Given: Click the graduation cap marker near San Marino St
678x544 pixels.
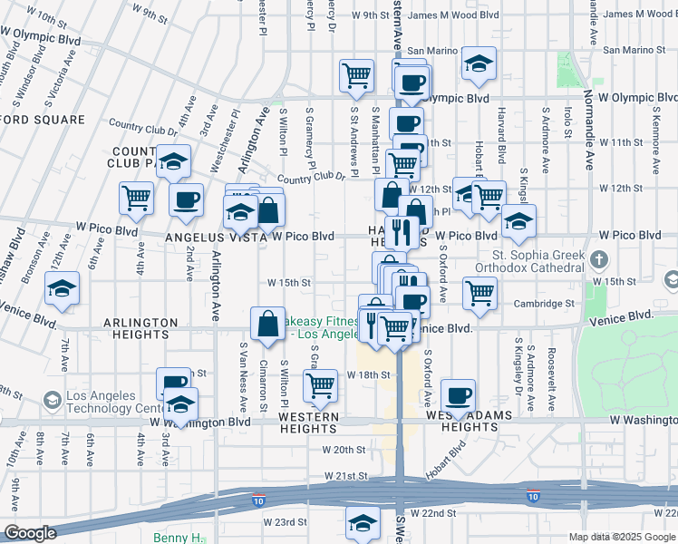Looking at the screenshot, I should (479, 63).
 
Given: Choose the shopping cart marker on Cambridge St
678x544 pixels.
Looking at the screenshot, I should (479, 292).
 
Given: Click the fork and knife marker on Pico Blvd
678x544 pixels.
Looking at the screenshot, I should (401, 231).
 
